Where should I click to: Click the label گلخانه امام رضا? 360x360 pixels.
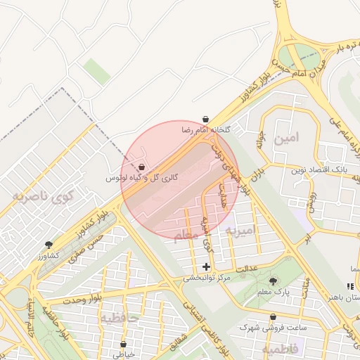tap(206, 130)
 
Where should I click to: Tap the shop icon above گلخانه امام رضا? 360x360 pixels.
tap(205, 120)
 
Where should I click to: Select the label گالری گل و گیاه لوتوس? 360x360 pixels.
tap(142, 179)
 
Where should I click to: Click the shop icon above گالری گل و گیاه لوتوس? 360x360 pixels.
tap(142, 168)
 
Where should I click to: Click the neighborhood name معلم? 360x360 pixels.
tap(186, 237)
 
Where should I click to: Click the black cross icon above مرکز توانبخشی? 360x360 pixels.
tap(206, 266)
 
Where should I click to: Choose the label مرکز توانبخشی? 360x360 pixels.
tap(207, 278)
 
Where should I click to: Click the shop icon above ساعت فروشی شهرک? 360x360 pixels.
tap(273, 317)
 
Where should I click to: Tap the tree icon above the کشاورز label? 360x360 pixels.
tap(49, 245)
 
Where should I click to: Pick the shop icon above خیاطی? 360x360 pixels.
tap(124, 345)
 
